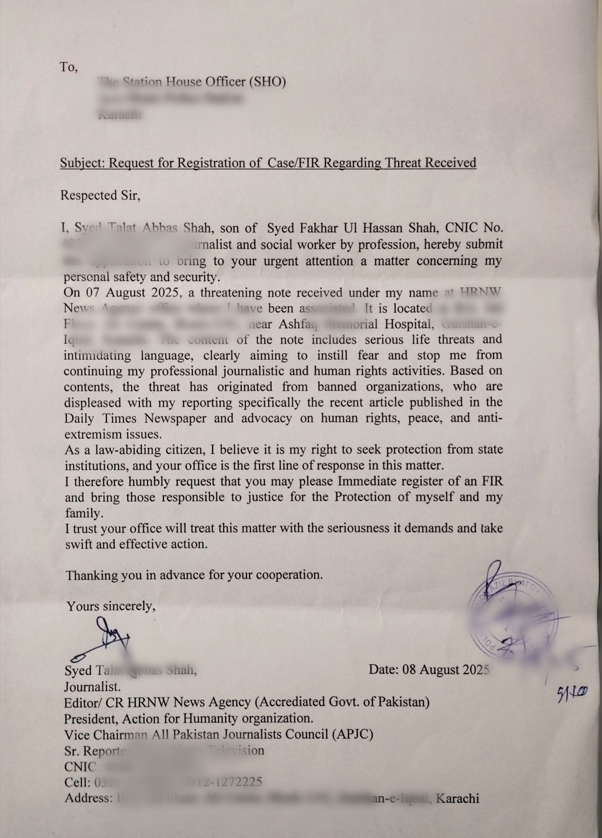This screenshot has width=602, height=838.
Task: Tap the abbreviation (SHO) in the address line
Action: pos(267,82)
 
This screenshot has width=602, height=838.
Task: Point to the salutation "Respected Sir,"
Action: pos(100,195)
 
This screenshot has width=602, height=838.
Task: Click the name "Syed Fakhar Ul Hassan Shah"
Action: pos(353,228)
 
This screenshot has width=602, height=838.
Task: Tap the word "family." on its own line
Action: pos(83,513)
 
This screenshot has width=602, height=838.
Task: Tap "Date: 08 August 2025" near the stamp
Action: pos(429,669)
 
